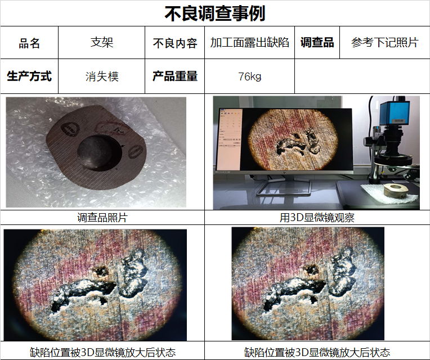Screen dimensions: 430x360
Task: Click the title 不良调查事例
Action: coord(215,13)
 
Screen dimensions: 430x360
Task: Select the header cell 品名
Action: coord(29,43)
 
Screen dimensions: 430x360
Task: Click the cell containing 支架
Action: coord(102,42)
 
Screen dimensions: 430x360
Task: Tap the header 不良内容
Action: coord(175,43)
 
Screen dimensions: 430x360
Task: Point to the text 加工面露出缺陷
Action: coord(249,43)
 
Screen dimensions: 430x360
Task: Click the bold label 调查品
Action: coord(317,42)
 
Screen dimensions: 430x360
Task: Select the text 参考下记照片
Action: coord(385,42)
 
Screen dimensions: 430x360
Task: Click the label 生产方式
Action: coord(29,76)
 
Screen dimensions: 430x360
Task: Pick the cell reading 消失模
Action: coord(102,76)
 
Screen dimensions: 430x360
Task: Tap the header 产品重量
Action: coord(175,76)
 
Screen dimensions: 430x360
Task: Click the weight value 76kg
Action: coord(249,76)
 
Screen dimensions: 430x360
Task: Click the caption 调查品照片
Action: coord(102,218)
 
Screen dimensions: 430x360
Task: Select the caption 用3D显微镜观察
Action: coord(317,218)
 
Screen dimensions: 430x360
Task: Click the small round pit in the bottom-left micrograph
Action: coord(101,271)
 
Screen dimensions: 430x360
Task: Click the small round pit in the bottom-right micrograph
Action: coord(311,269)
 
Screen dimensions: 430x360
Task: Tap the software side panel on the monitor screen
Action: coord(229,139)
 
